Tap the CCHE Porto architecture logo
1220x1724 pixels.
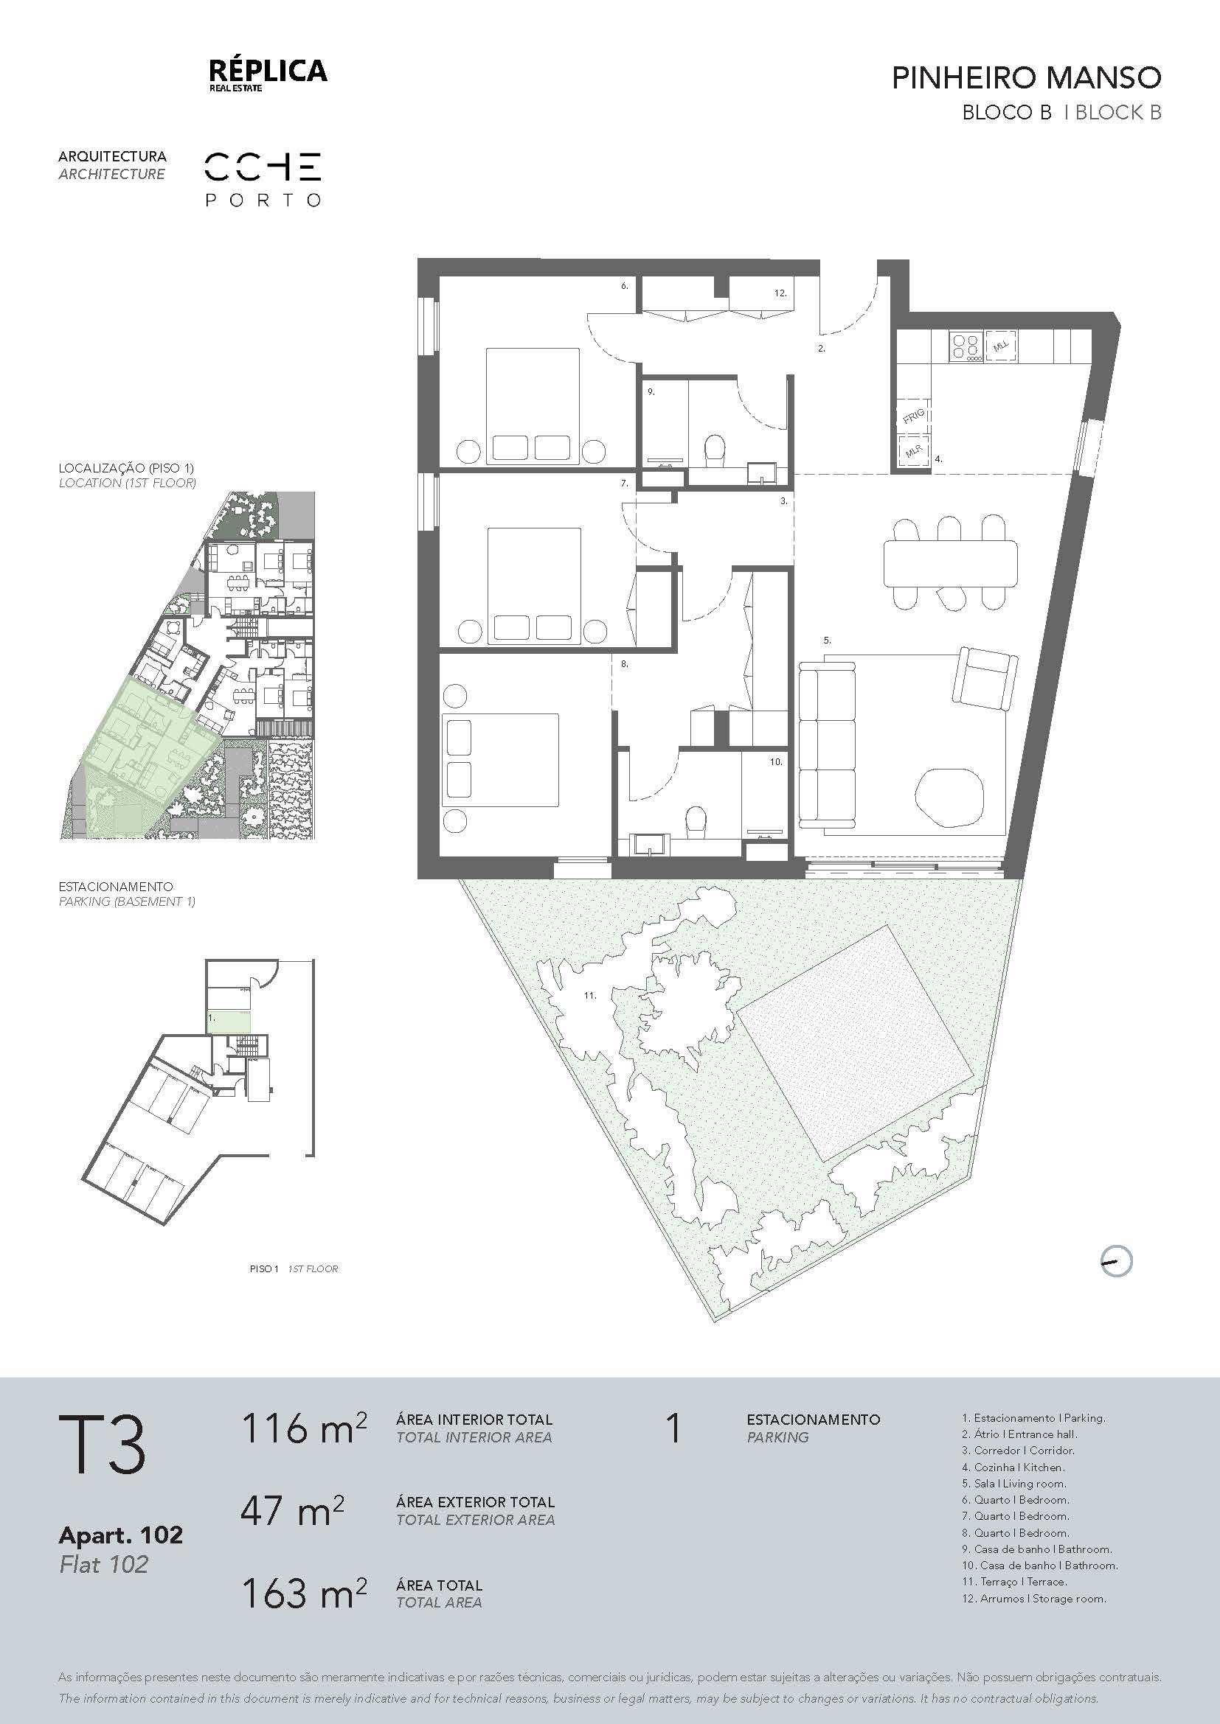coord(263,179)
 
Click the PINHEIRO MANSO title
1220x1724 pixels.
coord(1026,77)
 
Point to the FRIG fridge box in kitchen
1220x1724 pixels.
coord(913,415)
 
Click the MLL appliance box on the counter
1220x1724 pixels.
coord(1001,346)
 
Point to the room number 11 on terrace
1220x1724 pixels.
coord(590,996)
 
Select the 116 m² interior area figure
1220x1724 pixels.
coord(303,1428)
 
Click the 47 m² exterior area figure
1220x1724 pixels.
coord(291,1511)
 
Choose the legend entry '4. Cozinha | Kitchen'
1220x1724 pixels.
coord(1013,1468)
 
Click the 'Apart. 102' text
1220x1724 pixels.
coord(120,1535)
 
